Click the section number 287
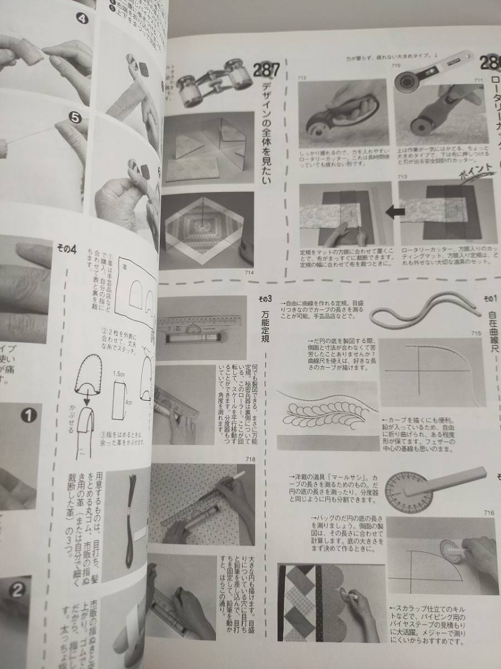(x=266, y=71)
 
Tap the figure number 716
(x=489, y=512)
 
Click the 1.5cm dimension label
(x=120, y=376)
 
